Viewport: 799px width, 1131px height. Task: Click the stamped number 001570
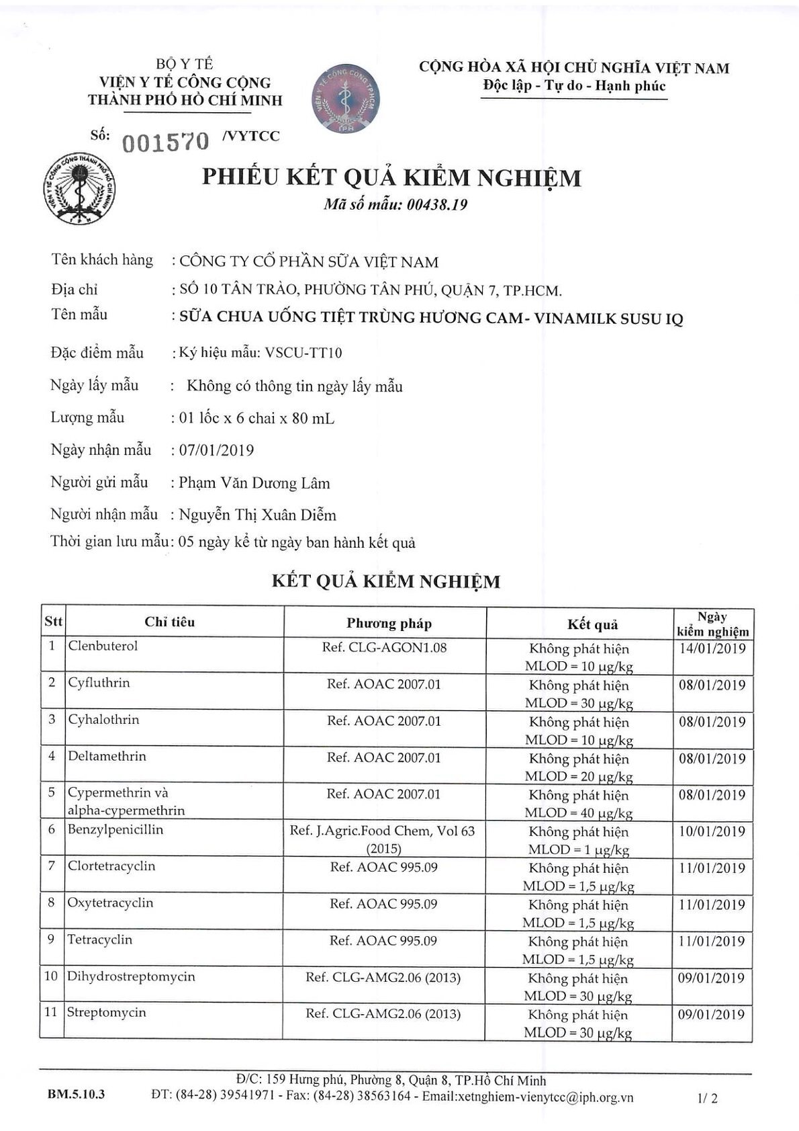click(x=163, y=141)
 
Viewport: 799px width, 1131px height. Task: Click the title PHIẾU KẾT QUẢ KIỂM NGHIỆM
click(x=391, y=177)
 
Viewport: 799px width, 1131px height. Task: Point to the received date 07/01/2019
click(x=217, y=450)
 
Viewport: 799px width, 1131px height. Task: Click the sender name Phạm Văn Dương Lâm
click(x=254, y=483)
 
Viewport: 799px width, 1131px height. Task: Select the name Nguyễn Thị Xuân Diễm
click(x=258, y=515)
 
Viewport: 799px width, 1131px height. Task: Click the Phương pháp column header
click(x=389, y=623)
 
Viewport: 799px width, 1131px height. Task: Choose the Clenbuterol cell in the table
click(x=103, y=646)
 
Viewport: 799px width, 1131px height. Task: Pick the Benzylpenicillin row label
click(x=115, y=829)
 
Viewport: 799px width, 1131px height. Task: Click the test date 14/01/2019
click(x=712, y=648)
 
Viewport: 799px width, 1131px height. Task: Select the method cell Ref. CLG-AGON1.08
click(x=384, y=648)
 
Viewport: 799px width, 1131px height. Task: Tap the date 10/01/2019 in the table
click(x=712, y=831)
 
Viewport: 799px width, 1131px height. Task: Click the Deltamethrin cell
click(x=107, y=756)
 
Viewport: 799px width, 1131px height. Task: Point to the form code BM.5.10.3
click(x=76, y=1095)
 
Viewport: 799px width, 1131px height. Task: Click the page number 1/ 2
click(x=708, y=1099)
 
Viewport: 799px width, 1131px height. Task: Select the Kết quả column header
click(x=592, y=624)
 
